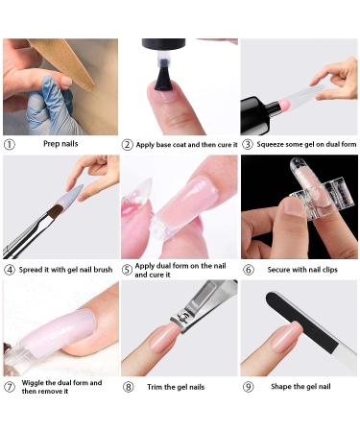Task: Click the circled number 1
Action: (10, 145)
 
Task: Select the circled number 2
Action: (128, 145)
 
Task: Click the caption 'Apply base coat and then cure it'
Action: (186, 145)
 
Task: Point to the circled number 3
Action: (247, 145)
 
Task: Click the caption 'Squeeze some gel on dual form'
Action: (304, 145)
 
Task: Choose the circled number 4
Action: (10, 269)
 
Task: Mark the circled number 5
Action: (128, 271)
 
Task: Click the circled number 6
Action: (247, 271)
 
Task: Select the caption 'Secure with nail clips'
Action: (304, 271)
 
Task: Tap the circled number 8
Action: (128, 388)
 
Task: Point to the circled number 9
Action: (247, 388)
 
